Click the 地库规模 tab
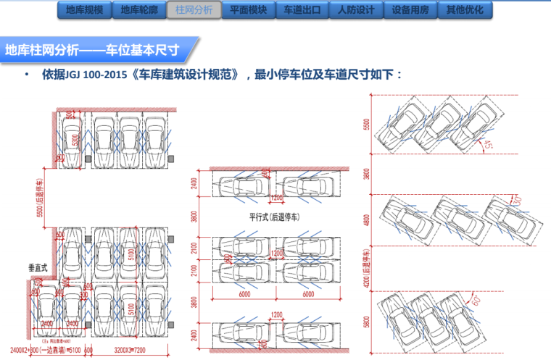[84, 11]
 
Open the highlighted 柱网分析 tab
[194, 11]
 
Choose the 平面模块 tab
[248, 11]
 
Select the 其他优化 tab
[465, 11]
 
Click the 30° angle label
[517, 199]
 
